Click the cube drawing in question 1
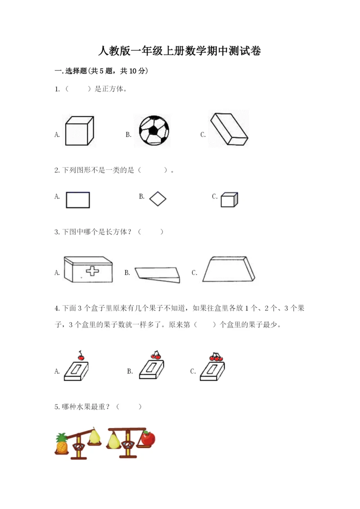(80, 131)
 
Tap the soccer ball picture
(154, 131)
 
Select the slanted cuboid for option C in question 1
(229, 129)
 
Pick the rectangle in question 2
(78, 200)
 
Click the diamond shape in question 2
(158, 198)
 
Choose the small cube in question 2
(229, 199)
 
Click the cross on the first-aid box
(93, 271)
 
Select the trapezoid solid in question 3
(229, 269)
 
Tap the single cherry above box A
(81, 356)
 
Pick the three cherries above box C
(216, 357)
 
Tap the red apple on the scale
(148, 438)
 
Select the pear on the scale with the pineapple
(94, 436)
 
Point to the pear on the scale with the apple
(113, 441)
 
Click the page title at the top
(180, 51)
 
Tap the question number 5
(57, 407)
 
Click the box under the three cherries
(212, 371)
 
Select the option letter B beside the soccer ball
(129, 135)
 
